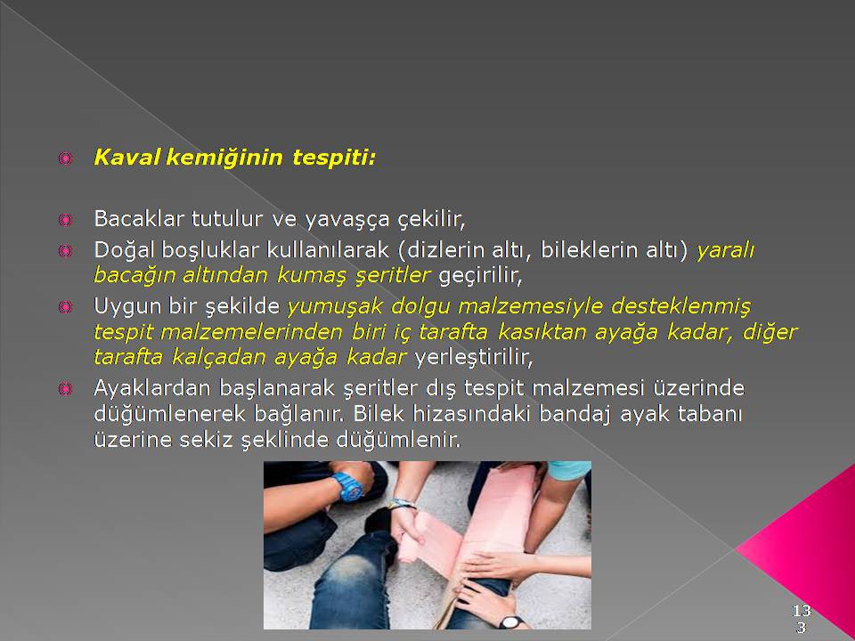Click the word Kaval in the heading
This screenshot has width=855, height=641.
click(127, 158)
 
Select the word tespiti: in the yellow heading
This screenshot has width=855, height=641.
click(334, 158)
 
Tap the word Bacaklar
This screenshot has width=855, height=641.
click(139, 219)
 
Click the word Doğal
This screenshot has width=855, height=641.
click(125, 251)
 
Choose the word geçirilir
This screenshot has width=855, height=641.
click(480, 276)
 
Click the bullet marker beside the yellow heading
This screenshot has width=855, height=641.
click(65, 158)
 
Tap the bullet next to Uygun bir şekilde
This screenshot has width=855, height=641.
click(65, 307)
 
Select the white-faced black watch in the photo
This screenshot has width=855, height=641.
click(511, 622)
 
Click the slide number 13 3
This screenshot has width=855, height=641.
click(802, 619)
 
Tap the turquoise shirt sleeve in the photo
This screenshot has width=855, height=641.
click(569, 470)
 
